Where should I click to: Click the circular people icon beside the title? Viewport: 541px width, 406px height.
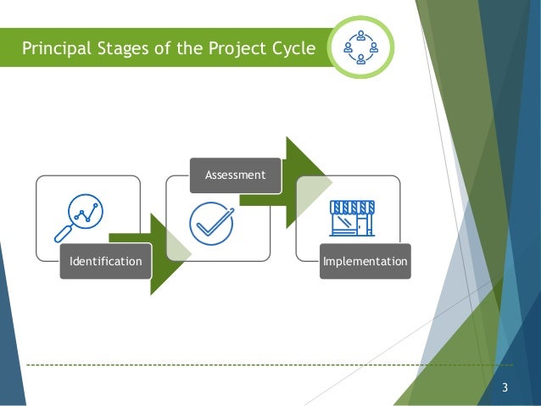coord(361,47)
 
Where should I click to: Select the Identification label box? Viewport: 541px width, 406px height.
coord(105,262)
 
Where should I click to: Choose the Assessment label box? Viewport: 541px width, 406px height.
coord(235,175)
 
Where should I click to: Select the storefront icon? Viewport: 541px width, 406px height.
coord(352,218)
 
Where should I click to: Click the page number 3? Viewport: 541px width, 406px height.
coord(505,389)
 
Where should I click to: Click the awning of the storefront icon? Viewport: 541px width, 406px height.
coord(352,207)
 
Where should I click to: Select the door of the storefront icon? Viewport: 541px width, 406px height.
coord(364,225)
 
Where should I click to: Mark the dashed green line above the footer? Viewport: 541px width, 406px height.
coord(254,365)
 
